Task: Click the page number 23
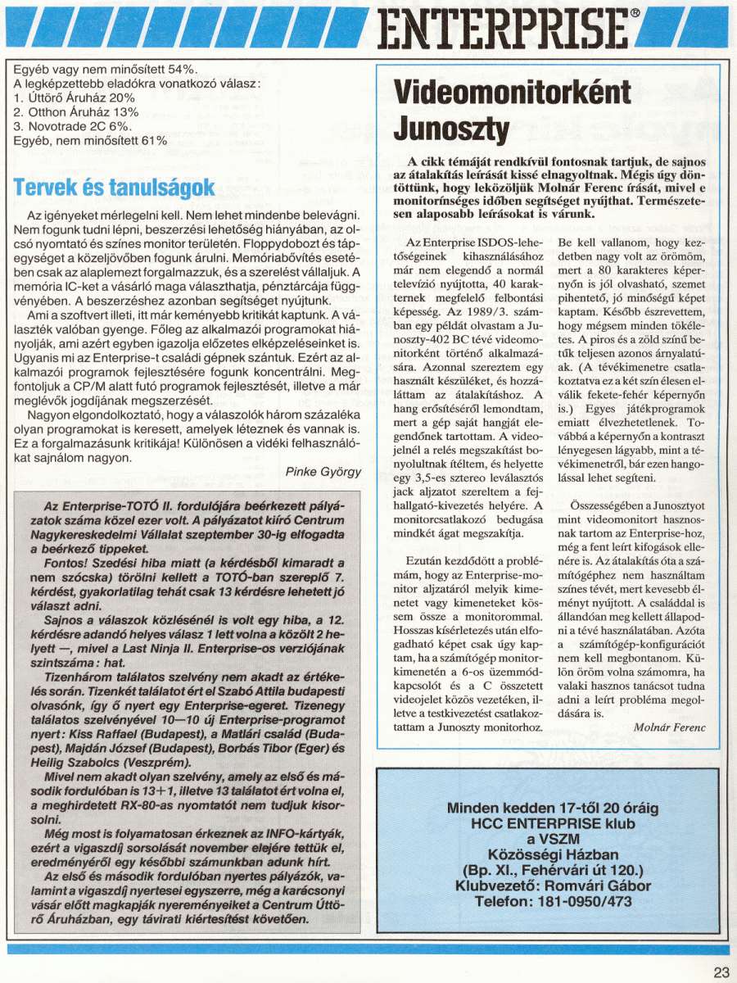pyautogui.click(x=721, y=972)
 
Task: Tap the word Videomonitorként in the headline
pyautogui.click(x=513, y=91)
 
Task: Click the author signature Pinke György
pyautogui.click(x=325, y=473)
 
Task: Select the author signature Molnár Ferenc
pyautogui.click(x=668, y=727)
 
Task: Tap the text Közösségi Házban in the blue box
pyautogui.click(x=553, y=854)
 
